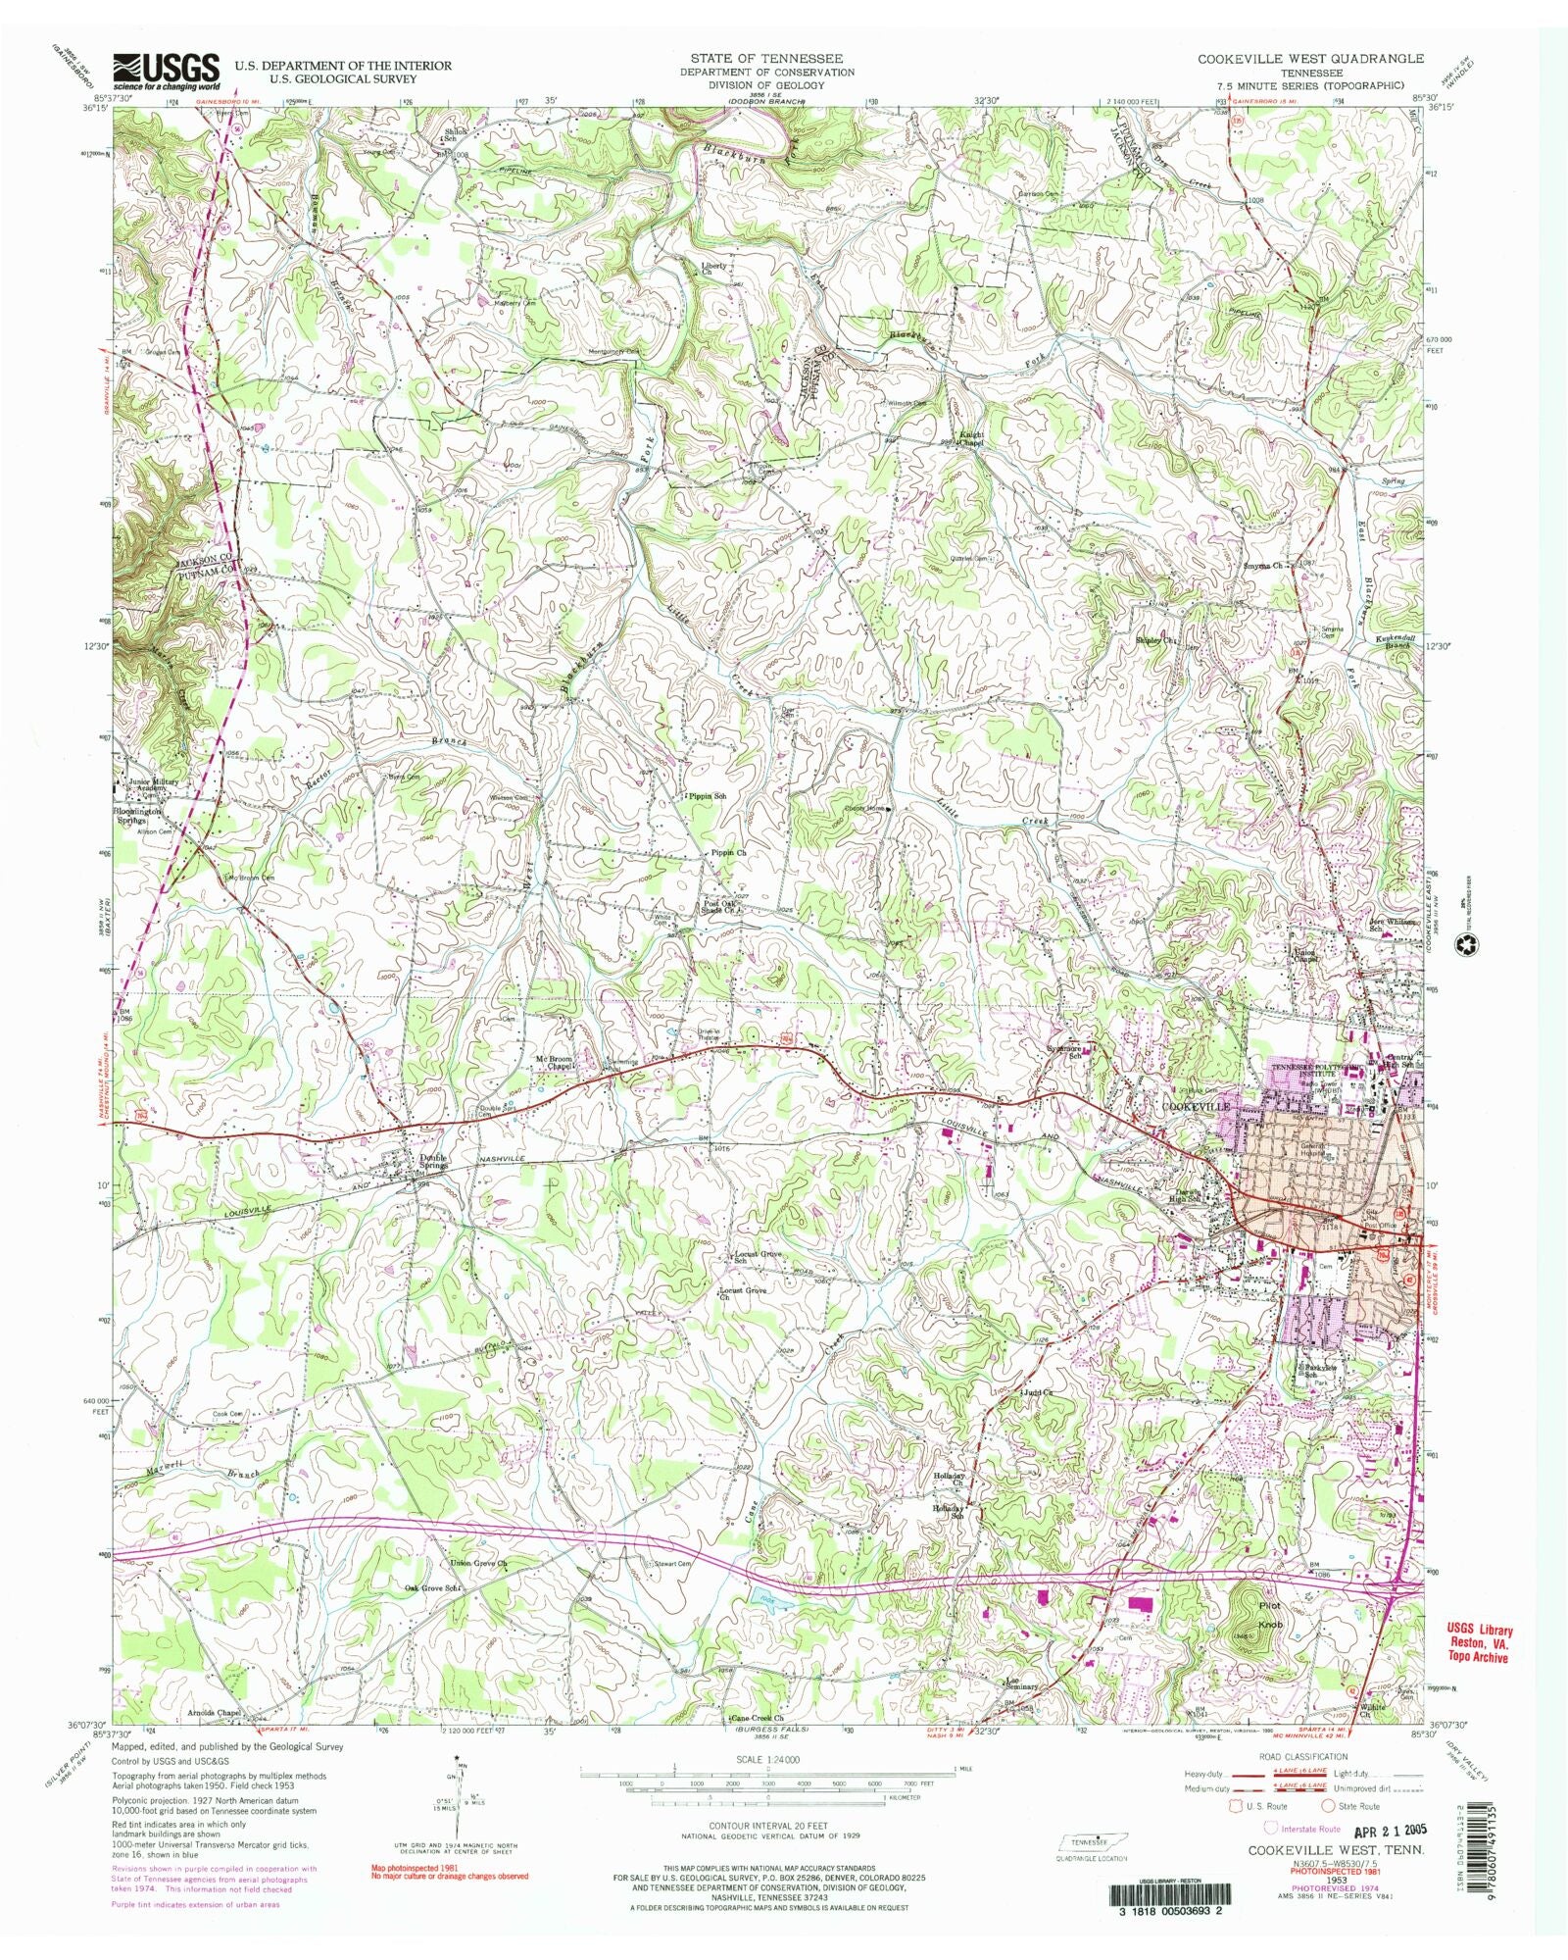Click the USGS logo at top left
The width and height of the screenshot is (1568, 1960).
167,69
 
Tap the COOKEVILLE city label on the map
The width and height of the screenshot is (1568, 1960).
1195,1105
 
